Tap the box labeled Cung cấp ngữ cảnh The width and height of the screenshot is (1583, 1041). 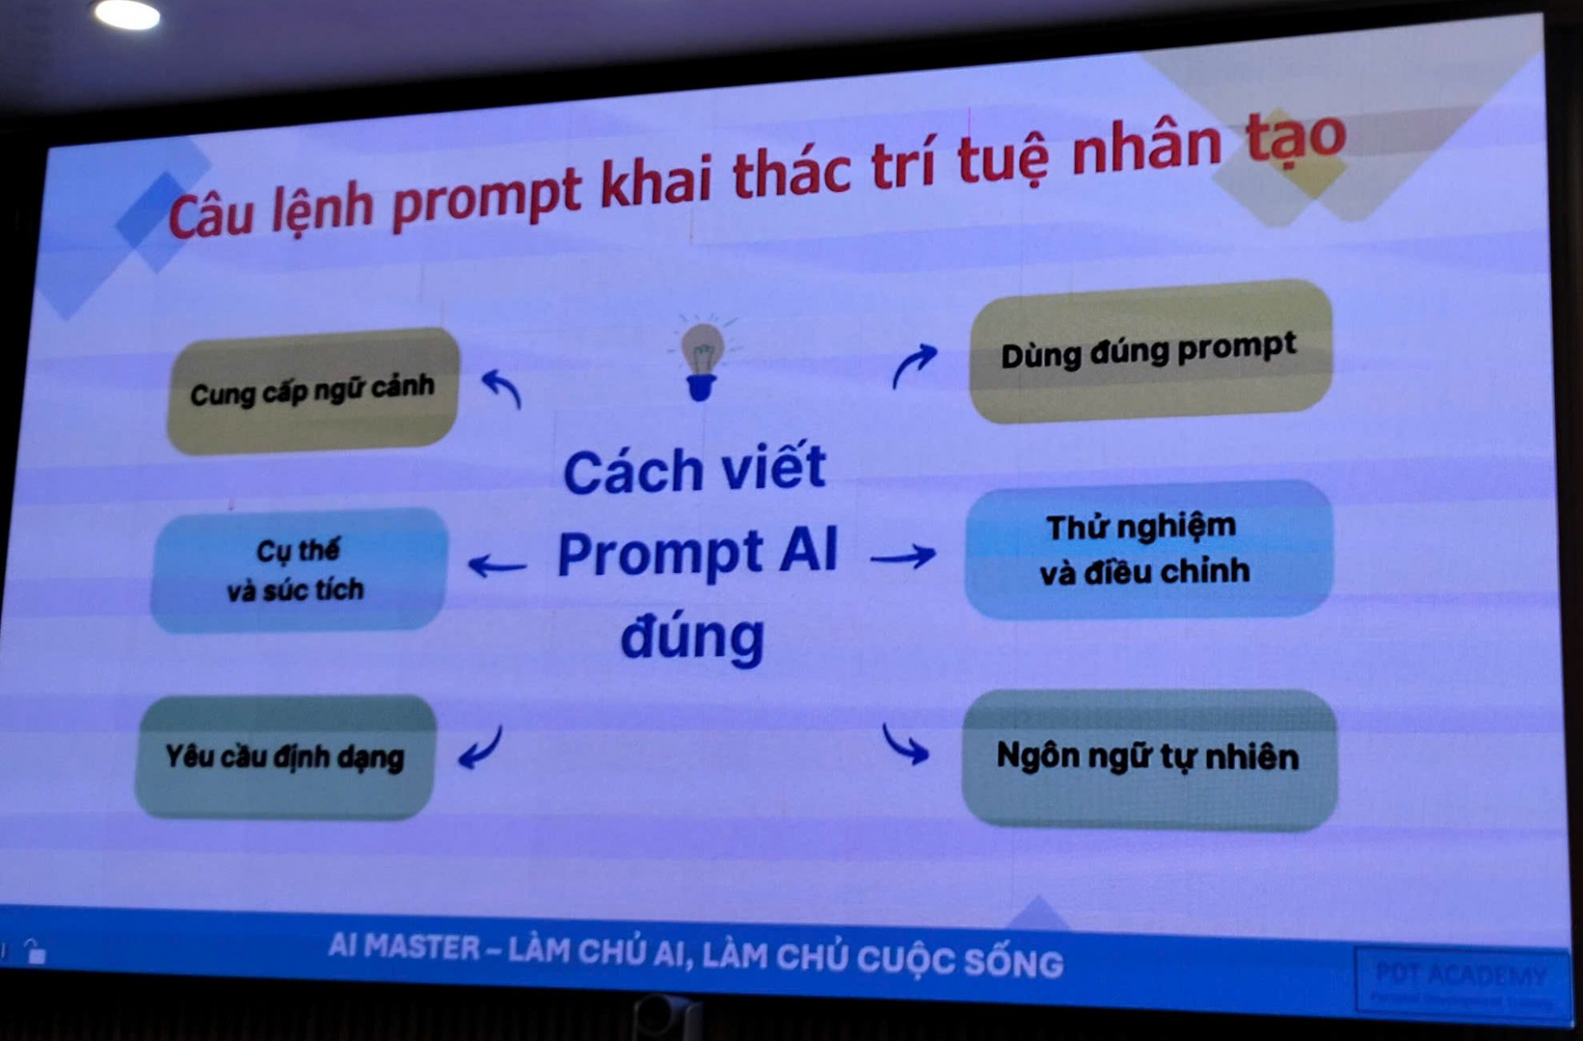pos(313,391)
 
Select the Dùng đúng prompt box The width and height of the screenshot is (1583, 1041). pos(1149,351)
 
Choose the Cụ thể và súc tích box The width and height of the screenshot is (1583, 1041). pos(298,570)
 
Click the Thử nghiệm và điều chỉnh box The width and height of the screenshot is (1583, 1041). pos(1147,549)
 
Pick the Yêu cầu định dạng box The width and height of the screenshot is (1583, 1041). pos(285,757)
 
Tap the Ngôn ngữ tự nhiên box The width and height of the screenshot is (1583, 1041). pos(1148,757)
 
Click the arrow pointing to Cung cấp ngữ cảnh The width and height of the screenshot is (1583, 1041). pos(502,387)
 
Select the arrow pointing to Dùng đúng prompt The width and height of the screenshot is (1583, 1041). pos(914,365)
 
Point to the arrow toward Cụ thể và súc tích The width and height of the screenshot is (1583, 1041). pos(496,565)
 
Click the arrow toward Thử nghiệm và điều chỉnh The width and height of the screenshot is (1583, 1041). pos(903,557)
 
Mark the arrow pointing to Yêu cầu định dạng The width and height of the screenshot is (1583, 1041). pos(481,747)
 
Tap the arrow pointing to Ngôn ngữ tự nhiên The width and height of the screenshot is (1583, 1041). pos(904,744)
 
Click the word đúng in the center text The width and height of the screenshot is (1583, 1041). pos(693,639)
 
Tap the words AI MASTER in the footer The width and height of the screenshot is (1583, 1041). pos(403,946)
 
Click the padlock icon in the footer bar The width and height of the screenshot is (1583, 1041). pos(35,952)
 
